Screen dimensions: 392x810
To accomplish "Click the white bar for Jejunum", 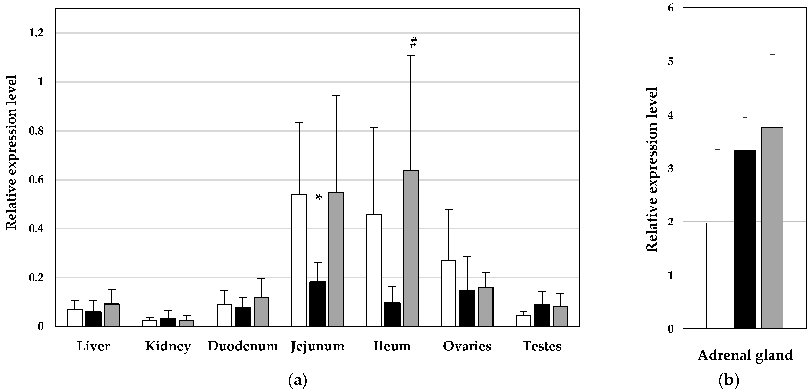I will (299, 260).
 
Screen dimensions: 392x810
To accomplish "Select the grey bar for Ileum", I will (411, 248).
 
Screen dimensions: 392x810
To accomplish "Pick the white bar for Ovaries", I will (448, 293).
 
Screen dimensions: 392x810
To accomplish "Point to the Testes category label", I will (542, 346).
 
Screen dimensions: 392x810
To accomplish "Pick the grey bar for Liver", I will (112, 315).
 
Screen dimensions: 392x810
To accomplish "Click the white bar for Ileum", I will (374, 270).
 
